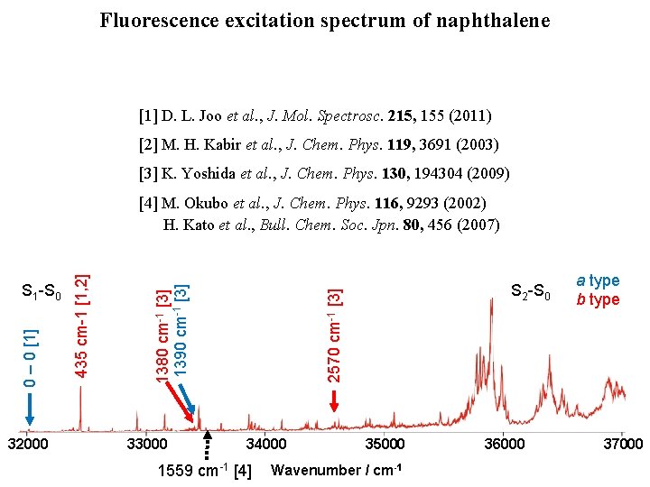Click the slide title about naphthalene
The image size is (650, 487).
pos(325,20)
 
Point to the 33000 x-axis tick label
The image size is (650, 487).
pos(147,444)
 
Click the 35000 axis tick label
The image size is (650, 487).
pos(385,444)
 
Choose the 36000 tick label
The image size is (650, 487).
pos(505,444)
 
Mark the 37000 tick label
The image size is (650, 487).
pos(623,444)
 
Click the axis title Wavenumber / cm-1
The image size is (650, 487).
pos(336,470)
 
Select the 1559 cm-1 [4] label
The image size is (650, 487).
pos(204,470)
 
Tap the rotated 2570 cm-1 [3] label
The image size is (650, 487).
pos(334,335)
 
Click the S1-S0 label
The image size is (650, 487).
pos(42,291)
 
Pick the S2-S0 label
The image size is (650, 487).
pos(530,291)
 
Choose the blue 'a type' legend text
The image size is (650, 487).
pos(599,281)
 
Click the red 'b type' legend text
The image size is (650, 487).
pos(599,299)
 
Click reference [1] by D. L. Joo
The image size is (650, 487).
pos(315,115)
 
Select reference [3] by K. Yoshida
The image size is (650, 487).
pos(324,173)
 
